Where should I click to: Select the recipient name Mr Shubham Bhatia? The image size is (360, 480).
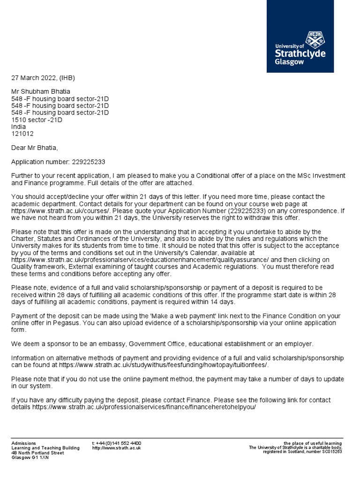[41, 91]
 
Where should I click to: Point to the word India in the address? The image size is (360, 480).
[19, 127]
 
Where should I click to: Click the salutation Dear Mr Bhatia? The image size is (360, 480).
[35, 148]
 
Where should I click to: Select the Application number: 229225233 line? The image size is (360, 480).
[58, 162]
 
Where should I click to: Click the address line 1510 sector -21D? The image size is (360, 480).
[37, 120]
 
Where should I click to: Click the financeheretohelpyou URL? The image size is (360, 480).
[144, 407]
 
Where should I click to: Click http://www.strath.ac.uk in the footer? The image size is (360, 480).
[117, 448]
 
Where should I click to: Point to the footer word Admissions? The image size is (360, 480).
[23, 443]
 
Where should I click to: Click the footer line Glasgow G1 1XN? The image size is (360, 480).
[30, 457]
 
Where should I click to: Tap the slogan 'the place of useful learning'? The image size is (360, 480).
[313, 443]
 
